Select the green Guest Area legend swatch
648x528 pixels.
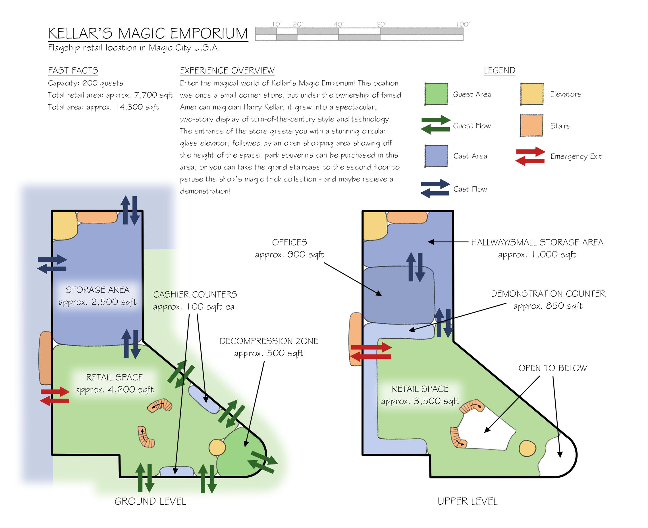(x=436, y=94)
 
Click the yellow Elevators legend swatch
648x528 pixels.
(x=531, y=94)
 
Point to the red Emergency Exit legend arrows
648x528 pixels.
(x=530, y=156)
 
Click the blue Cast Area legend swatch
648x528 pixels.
(x=436, y=156)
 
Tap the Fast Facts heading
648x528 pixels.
(x=73, y=71)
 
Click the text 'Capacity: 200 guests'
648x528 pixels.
(x=85, y=83)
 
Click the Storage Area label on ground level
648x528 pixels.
(x=97, y=290)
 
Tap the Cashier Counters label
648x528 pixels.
(x=195, y=294)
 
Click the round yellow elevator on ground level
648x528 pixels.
(x=217, y=447)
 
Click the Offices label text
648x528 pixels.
(x=289, y=242)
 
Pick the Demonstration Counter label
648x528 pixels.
(x=548, y=294)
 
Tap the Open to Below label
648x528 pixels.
(x=552, y=368)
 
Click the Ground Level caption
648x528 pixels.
(x=150, y=501)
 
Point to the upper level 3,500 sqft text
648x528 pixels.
(x=420, y=401)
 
